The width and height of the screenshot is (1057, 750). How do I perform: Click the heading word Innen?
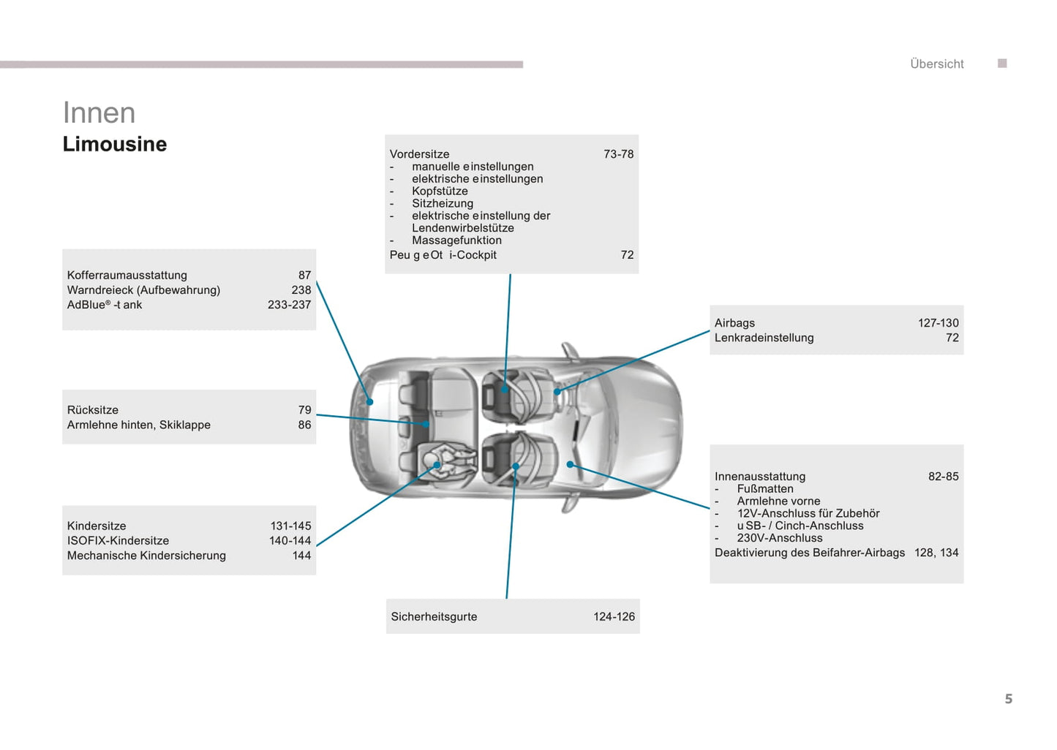tap(99, 113)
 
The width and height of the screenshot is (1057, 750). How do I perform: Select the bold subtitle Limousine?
tap(115, 144)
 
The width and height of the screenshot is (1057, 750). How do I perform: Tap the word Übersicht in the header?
tap(937, 64)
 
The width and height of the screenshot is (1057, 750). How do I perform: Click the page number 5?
tap(1009, 699)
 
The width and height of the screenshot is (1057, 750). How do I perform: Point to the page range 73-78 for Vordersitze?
tap(618, 154)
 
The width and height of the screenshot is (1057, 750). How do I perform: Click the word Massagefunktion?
tap(456, 240)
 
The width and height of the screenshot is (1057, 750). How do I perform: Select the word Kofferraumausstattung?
tap(127, 275)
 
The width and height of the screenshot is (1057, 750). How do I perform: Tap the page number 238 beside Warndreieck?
tap(301, 289)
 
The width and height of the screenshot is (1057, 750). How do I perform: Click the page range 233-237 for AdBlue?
tap(289, 305)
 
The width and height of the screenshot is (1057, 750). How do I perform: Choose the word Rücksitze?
tap(92, 410)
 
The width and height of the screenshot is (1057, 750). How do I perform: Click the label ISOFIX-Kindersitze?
tap(118, 540)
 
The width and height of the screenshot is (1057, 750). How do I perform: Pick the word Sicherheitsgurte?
tap(434, 616)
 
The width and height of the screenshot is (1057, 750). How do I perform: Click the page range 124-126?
tap(614, 616)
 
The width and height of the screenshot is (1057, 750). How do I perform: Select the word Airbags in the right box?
tap(734, 323)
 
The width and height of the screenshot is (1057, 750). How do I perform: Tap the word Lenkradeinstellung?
tap(764, 338)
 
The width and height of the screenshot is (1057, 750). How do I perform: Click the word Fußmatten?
tap(765, 489)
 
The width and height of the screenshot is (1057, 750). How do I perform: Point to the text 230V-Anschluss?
tap(780, 538)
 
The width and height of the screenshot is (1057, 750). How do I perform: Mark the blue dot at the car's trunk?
tap(370, 402)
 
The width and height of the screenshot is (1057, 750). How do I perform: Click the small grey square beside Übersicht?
tap(1002, 63)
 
